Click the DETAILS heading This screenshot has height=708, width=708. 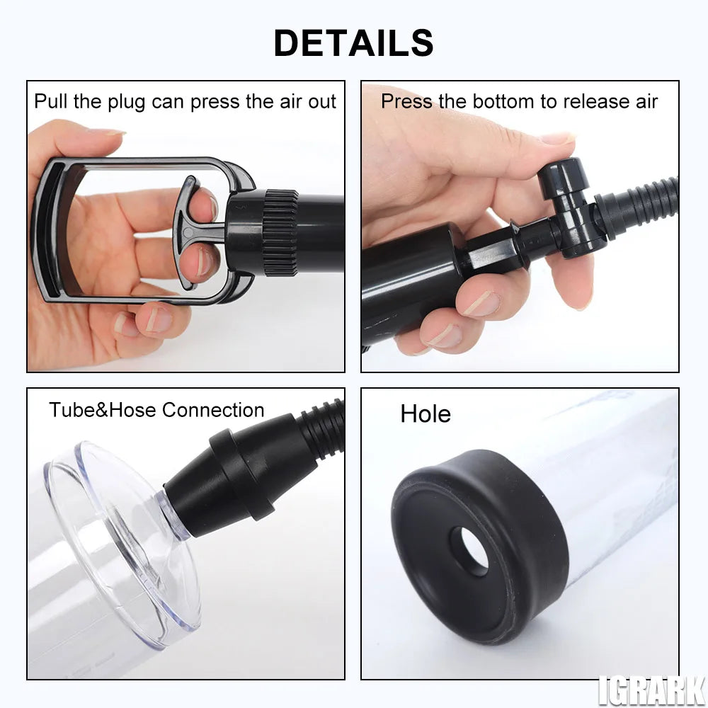[353, 42]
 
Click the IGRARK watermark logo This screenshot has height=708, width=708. [651, 690]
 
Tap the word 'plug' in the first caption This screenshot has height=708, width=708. [126, 101]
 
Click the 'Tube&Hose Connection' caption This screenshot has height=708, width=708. [156, 410]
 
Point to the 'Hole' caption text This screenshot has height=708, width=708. [425, 414]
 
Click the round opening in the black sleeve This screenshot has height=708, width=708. [469, 550]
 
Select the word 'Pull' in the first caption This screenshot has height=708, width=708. [51, 101]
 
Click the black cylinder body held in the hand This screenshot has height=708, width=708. [404, 283]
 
